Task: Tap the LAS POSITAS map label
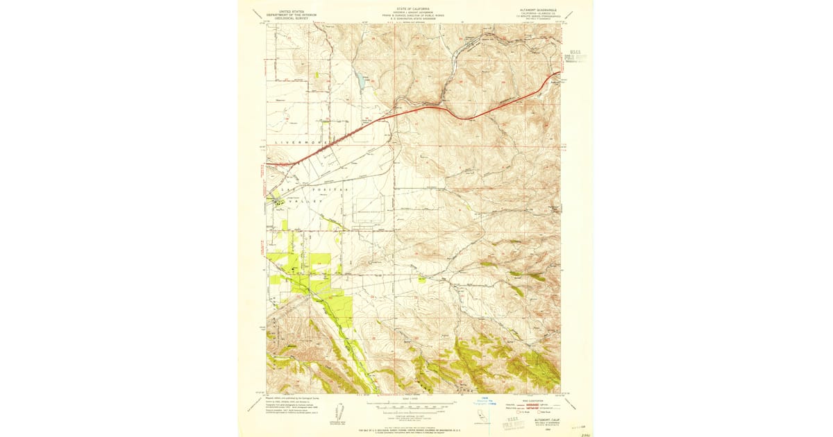pos(303,189)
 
